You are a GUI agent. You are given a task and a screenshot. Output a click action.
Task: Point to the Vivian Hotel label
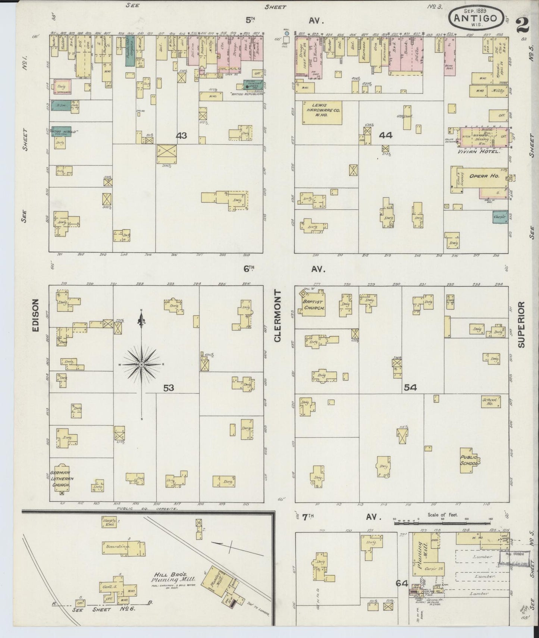click(479, 152)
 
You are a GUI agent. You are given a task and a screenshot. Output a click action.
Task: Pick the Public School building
click(469, 460)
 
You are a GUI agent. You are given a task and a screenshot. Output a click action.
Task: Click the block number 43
click(181, 135)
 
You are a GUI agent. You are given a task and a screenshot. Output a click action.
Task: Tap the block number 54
click(410, 388)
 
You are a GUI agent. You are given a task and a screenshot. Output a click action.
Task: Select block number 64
click(401, 583)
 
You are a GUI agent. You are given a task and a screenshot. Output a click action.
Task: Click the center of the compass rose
click(142, 364)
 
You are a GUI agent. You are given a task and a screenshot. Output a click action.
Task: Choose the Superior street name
click(521, 325)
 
